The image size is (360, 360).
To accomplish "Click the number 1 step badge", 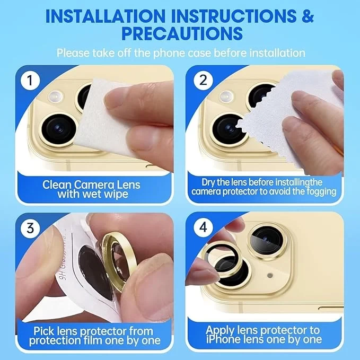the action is click(30, 81).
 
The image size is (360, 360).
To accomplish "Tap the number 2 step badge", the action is click(203, 81).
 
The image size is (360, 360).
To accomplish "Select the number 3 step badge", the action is click(30, 228).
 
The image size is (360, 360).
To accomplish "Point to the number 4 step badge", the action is click(203, 227).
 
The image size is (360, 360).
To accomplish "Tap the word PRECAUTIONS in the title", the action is click(182, 33).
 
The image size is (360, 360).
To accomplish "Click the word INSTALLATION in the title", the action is click(106, 16).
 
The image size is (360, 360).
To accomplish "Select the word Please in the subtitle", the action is click(73, 53).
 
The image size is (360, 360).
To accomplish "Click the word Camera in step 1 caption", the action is click(95, 185).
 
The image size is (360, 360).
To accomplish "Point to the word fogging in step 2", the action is click(323, 192).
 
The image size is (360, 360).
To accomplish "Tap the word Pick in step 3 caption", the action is click(41, 331).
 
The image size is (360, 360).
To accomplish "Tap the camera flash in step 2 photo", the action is click(226, 96).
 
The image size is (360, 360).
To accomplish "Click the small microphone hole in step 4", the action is click(270, 275).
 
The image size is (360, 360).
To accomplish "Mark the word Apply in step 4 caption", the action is click(220, 331).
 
